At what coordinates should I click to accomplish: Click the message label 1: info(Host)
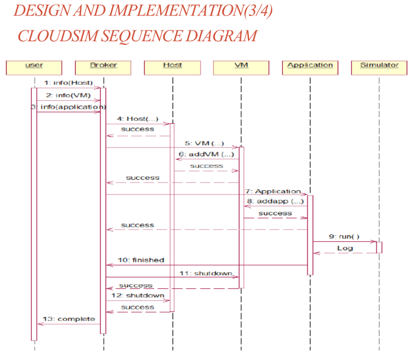[68, 83]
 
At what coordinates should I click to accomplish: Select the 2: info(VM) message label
[68, 95]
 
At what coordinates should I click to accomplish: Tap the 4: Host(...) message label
[138, 119]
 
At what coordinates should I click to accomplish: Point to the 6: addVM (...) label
[207, 154]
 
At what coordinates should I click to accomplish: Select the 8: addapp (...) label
[275, 201]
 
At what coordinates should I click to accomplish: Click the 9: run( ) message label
[344, 237]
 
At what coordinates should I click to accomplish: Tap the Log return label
[345, 248]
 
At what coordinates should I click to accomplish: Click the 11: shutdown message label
[206, 273]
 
